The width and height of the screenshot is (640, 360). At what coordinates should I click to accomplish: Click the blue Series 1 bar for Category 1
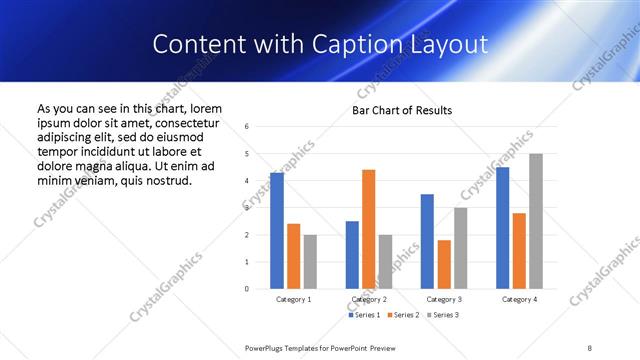(277, 231)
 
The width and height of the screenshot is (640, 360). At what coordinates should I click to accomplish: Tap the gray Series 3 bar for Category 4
(536, 221)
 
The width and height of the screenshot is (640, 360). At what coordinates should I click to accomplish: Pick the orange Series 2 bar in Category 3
(444, 264)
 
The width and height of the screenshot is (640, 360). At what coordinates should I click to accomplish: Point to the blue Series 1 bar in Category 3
(427, 241)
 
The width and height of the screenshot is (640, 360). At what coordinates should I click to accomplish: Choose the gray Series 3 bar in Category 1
(310, 262)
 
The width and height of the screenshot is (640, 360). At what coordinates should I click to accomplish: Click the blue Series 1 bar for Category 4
(502, 228)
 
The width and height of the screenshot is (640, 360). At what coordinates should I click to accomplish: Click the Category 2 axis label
(368, 299)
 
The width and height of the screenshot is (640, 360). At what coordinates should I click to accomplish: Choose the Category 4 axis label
(519, 299)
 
